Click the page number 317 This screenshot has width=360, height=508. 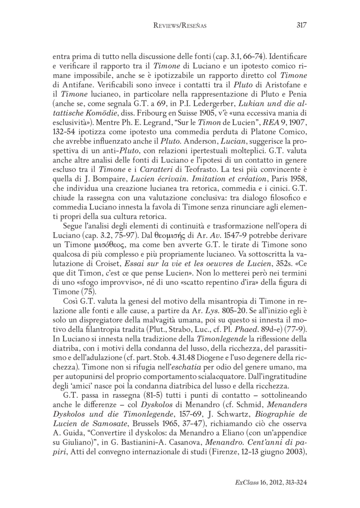pyautogui.click(x=301, y=25)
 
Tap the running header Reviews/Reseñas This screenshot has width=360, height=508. pyautogui.click(x=180, y=26)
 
